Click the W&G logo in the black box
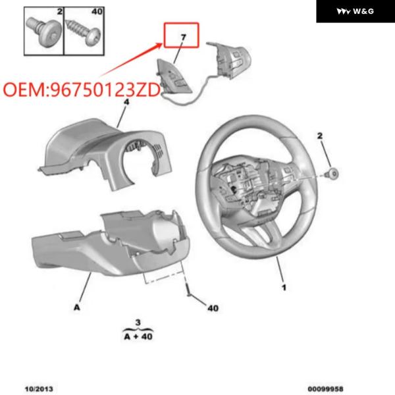tap(355, 11)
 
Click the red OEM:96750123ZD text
tap(82, 90)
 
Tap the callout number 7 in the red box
tap(184, 38)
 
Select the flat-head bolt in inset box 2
tap(44, 31)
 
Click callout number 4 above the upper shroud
tap(126, 102)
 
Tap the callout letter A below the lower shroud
tap(77, 307)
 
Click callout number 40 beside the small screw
tap(213, 308)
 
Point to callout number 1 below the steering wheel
tap(284, 288)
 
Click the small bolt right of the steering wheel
tap(332, 174)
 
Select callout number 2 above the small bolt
tap(320, 136)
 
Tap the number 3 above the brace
tap(138, 323)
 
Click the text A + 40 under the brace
tap(138, 336)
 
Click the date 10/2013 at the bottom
tap(39, 389)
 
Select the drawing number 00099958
tap(325, 389)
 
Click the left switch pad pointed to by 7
tap(174, 77)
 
